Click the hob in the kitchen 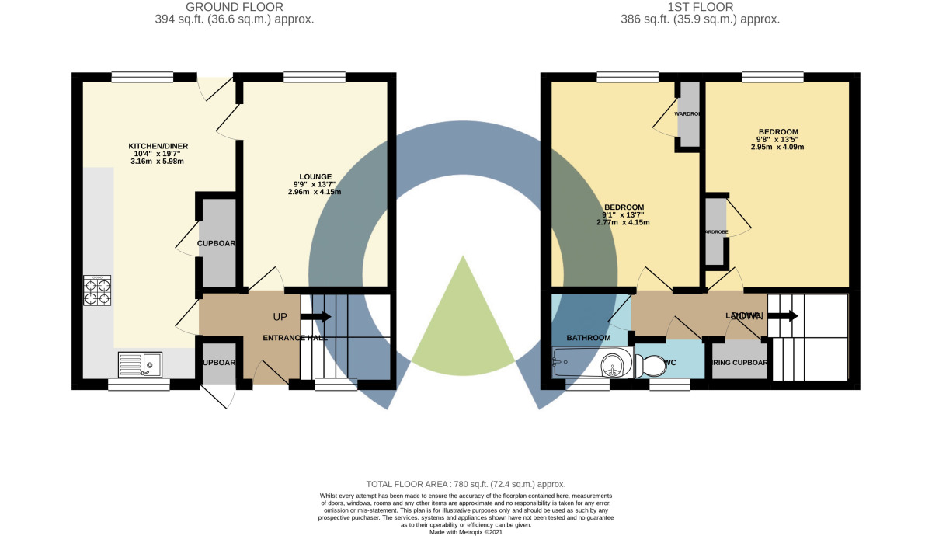point(97,290)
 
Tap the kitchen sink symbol point(140,364)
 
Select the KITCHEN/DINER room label point(158,146)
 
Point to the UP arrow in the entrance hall point(316,316)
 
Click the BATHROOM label point(588,338)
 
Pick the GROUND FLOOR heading point(234,7)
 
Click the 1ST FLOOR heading point(699,7)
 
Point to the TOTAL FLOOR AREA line point(466,483)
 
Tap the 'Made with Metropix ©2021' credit point(466,531)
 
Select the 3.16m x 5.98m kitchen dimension point(158,162)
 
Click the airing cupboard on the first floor point(739,362)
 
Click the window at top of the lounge point(315,76)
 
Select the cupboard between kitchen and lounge point(216,243)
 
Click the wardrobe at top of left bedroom point(687,114)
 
